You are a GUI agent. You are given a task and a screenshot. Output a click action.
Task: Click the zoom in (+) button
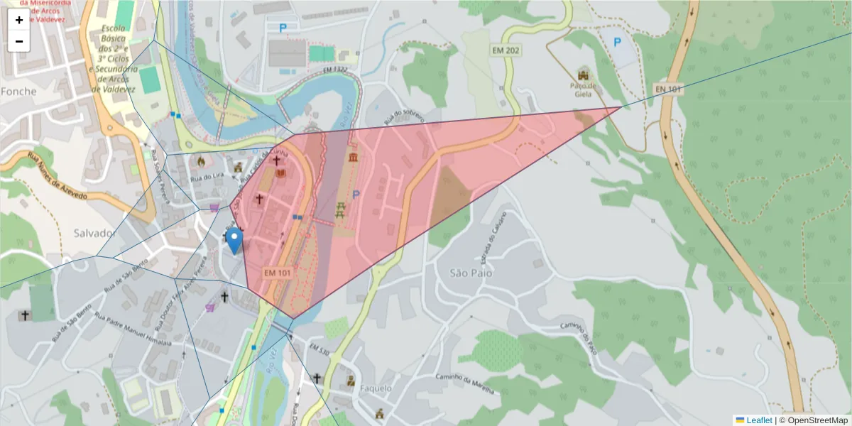[19, 20]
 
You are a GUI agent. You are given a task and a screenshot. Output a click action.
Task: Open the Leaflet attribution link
[759, 420]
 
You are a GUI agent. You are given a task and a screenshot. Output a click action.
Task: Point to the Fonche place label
[18, 92]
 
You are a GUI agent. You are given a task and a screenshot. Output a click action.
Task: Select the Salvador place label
[94, 234]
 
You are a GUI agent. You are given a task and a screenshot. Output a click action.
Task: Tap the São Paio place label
[471, 273]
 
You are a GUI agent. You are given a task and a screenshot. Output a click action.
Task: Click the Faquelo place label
[376, 388]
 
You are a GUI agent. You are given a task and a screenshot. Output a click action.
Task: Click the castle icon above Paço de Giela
[584, 74]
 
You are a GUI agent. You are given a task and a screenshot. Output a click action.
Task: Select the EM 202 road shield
[506, 50]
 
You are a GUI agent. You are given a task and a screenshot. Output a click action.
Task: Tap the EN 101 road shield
[668, 89]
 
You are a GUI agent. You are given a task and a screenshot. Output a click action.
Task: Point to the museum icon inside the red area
[353, 156]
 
